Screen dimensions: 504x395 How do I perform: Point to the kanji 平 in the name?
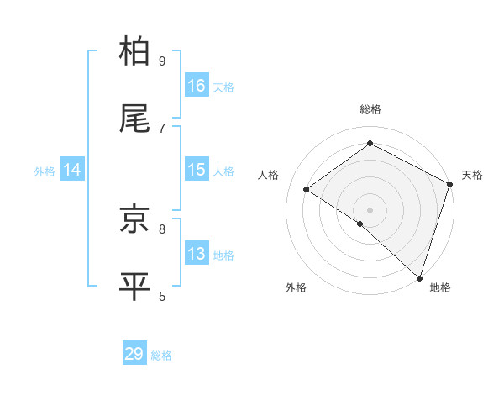coord(135,286)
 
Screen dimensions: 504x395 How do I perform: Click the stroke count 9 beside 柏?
coord(162,61)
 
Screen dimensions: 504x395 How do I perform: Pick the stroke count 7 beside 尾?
coord(162,128)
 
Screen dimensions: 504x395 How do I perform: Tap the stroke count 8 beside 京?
coord(162,228)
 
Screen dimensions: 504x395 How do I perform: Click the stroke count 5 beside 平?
coord(162,295)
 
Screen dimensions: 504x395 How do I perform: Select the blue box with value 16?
coord(197,86)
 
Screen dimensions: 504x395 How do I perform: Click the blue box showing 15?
coord(197,170)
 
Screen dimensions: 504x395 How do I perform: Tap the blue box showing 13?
coord(197,254)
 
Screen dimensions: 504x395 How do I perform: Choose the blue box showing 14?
coord(72,170)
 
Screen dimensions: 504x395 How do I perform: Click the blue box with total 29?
coord(134,354)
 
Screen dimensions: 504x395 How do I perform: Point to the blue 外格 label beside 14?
coord(45,171)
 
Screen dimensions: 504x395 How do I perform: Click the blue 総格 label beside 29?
coord(162,355)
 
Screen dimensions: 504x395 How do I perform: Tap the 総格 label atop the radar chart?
coord(370,109)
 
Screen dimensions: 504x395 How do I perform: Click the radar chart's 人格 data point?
coord(307,189)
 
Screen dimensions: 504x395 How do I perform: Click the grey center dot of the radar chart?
coord(370,209)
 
